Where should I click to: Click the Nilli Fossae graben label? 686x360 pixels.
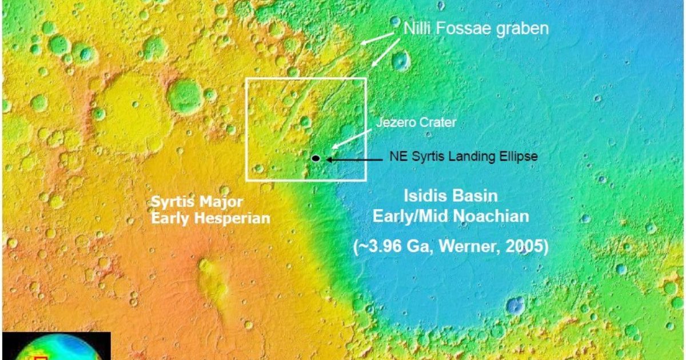(x=476, y=28)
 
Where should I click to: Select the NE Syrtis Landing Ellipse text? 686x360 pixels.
(x=464, y=156)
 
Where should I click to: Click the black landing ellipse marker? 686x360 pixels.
(x=316, y=158)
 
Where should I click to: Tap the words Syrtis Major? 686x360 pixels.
(x=197, y=201)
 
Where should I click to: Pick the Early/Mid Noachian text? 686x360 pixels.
(x=451, y=217)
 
